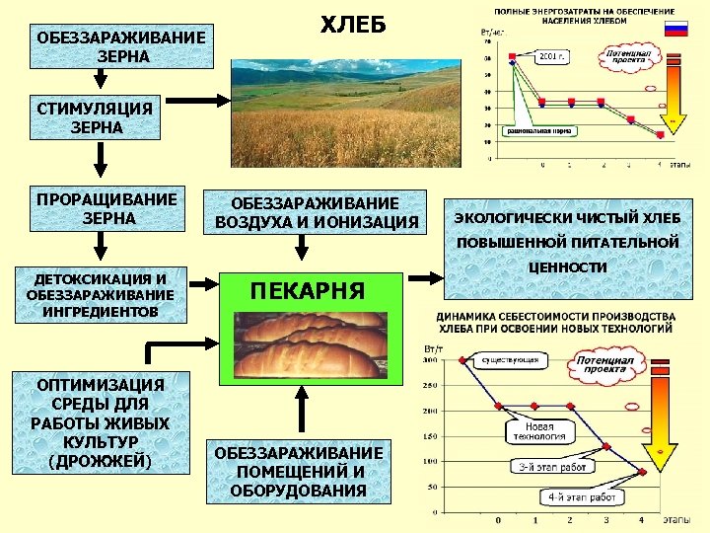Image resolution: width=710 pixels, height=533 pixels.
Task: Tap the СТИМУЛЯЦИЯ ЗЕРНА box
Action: [x=96, y=118]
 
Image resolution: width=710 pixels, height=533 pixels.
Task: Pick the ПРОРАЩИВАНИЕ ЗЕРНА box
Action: [x=106, y=207]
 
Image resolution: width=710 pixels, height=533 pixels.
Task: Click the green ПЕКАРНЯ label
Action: [x=308, y=291]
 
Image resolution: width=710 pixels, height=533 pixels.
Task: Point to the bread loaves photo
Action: [x=308, y=344]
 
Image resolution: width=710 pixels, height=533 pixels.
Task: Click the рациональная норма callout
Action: [x=541, y=129]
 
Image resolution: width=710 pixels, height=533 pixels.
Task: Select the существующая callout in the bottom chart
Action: [x=509, y=360]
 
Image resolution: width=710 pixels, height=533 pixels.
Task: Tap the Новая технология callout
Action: [x=539, y=430]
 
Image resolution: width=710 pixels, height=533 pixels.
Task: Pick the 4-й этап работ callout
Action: [x=580, y=497]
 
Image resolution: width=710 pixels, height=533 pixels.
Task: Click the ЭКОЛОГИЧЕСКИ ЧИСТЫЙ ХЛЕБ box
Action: [x=566, y=217]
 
